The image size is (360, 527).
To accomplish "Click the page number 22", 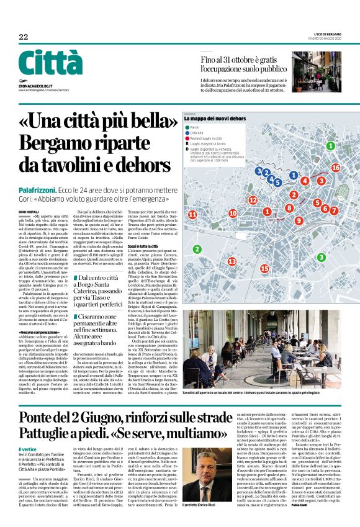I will (23, 37).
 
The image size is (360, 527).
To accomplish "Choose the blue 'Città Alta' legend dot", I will (187, 133).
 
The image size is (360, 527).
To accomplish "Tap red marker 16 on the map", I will (336, 168).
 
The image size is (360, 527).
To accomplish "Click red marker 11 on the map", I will (192, 214).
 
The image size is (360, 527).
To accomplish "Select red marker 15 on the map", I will (264, 268).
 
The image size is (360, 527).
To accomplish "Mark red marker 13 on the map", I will (232, 262).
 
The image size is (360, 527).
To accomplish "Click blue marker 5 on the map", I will (277, 182).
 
